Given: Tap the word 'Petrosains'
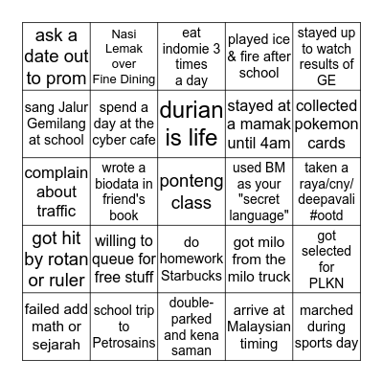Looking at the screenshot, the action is click(x=123, y=337).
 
